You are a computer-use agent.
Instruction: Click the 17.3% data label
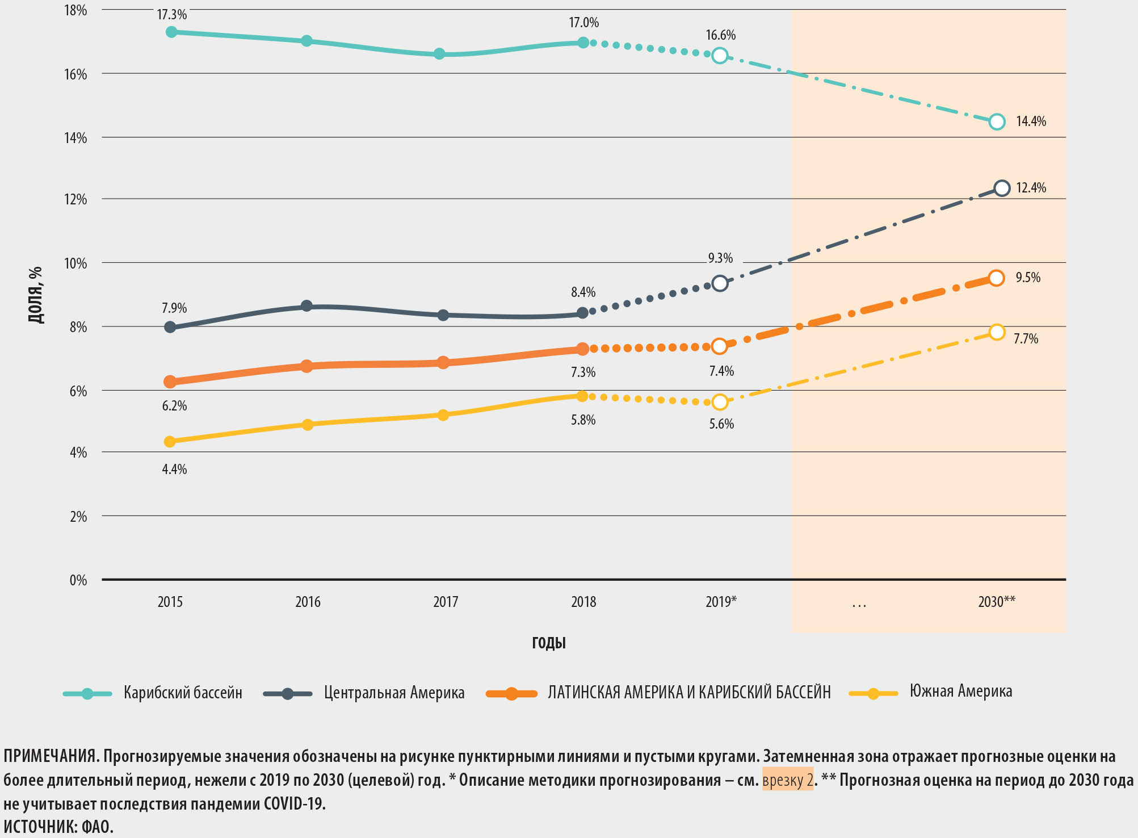tap(171, 15)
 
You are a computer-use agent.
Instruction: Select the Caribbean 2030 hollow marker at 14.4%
tap(997, 121)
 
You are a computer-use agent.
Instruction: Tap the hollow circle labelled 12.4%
tap(1002, 188)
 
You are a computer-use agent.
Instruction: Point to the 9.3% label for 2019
tap(720, 258)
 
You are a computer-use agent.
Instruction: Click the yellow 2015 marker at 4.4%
tap(170, 442)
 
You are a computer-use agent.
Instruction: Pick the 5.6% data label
tap(721, 424)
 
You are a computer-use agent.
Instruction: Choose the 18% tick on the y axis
tap(75, 10)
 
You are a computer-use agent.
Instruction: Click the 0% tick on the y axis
tap(78, 580)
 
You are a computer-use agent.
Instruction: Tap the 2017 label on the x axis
tap(446, 602)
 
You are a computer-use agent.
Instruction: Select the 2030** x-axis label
tap(997, 602)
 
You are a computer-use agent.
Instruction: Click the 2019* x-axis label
tap(721, 602)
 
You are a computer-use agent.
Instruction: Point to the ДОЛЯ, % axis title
tap(36, 295)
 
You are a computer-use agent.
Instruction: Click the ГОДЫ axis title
tap(549, 643)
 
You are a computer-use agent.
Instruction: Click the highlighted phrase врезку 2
tap(788, 780)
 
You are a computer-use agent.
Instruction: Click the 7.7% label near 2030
tap(1026, 339)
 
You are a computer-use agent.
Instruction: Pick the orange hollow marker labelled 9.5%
tap(996, 278)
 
